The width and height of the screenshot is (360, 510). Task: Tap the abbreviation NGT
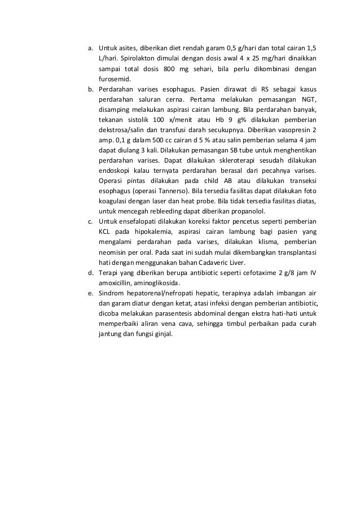click(x=307, y=100)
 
